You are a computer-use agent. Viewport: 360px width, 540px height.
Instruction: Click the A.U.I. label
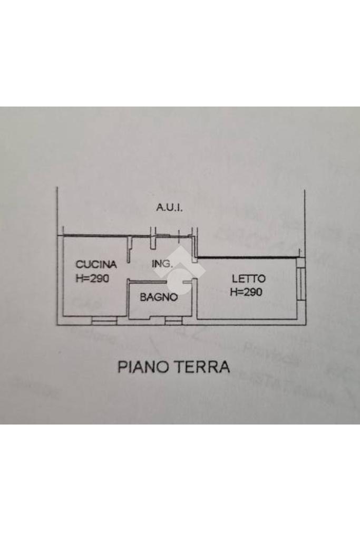169,208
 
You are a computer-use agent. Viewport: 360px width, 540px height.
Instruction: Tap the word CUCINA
95,264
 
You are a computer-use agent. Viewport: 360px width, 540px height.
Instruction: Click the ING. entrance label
162,264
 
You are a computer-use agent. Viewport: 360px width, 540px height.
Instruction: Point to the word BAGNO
158,297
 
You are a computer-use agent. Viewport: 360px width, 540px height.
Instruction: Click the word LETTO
248,278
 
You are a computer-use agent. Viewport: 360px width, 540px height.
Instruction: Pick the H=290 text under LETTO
246,292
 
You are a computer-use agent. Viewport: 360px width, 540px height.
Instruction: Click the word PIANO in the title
140,367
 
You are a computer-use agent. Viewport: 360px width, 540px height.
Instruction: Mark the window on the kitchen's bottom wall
104,320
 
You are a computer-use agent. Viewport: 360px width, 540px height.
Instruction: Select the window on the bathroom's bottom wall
173,320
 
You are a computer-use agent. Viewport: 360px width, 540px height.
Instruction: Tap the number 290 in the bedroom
252,292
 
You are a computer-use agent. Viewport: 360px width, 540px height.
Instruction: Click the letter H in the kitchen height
79,278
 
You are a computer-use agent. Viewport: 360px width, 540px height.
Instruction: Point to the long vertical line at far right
305,221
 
